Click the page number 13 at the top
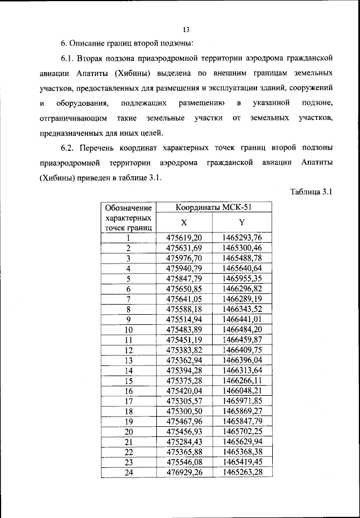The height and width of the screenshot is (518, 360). (187, 30)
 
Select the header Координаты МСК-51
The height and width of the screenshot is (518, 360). (214, 207)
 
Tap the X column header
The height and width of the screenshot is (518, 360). (184, 223)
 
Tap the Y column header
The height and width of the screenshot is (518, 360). (242, 223)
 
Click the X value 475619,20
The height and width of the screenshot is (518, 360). (184, 238)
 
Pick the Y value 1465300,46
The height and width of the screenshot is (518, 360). (242, 248)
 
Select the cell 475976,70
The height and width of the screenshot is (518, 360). (184, 258)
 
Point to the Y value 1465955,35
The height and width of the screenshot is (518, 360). (242, 278)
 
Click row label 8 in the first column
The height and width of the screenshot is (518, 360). (128, 309)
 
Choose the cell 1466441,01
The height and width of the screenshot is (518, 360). (242, 319)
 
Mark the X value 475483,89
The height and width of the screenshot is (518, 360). (184, 329)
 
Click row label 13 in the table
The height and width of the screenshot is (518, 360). (128, 360)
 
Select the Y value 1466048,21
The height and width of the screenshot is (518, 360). (242, 391)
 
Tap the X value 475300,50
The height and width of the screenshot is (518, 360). (184, 411)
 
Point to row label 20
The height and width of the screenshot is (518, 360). (128, 431)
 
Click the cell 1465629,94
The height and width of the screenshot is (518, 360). (242, 441)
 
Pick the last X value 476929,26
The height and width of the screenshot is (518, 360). (184, 472)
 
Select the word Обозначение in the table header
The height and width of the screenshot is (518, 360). (128, 207)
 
